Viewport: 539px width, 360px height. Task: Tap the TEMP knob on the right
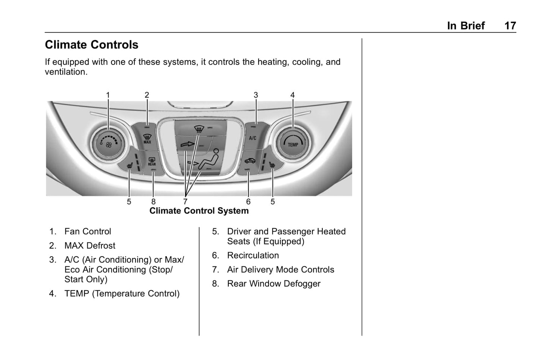click(x=293, y=144)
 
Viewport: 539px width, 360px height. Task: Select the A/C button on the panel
click(x=253, y=138)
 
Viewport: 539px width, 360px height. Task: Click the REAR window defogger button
click(x=152, y=162)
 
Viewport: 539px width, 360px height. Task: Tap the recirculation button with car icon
click(x=249, y=161)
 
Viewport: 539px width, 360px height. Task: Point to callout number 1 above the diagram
click(x=108, y=95)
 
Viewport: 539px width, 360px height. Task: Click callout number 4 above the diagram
click(x=292, y=95)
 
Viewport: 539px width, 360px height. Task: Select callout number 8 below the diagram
click(x=153, y=202)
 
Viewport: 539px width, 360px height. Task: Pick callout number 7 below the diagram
click(x=185, y=202)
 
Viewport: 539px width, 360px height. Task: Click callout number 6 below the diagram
click(x=248, y=202)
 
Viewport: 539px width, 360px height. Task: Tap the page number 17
click(x=510, y=26)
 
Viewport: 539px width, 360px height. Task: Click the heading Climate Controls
click(x=91, y=45)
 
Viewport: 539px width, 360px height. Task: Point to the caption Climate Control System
click(x=199, y=211)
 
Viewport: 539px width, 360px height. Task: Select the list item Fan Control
click(x=88, y=232)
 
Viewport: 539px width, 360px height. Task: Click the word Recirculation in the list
click(x=253, y=256)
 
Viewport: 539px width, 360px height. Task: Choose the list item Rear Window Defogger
click(x=273, y=284)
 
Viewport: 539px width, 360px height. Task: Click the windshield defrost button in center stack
click(x=199, y=130)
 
